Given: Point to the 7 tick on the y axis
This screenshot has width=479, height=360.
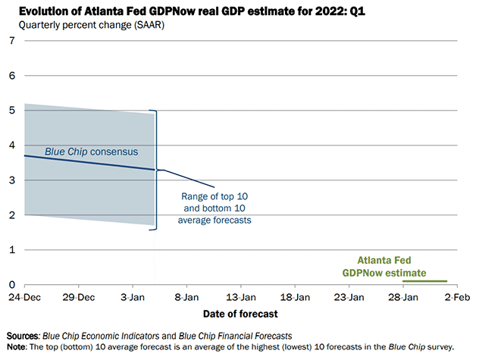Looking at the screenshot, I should pyautogui.click(x=11, y=40).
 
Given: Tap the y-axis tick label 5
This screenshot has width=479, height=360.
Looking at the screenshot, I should pyautogui.click(x=11, y=110).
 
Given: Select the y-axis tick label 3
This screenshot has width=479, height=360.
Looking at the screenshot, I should pyautogui.click(x=11, y=180).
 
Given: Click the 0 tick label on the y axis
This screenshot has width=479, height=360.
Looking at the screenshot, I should pyautogui.click(x=11, y=284).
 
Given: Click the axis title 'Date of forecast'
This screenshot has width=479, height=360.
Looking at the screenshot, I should pyautogui.click(x=239, y=313).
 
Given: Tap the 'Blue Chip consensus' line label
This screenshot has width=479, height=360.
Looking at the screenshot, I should pyautogui.click(x=91, y=152).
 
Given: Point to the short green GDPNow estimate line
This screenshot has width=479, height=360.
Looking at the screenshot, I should pyautogui.click(x=424, y=281).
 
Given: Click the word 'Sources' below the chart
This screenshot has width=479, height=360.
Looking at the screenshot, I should pyautogui.click(x=23, y=335).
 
